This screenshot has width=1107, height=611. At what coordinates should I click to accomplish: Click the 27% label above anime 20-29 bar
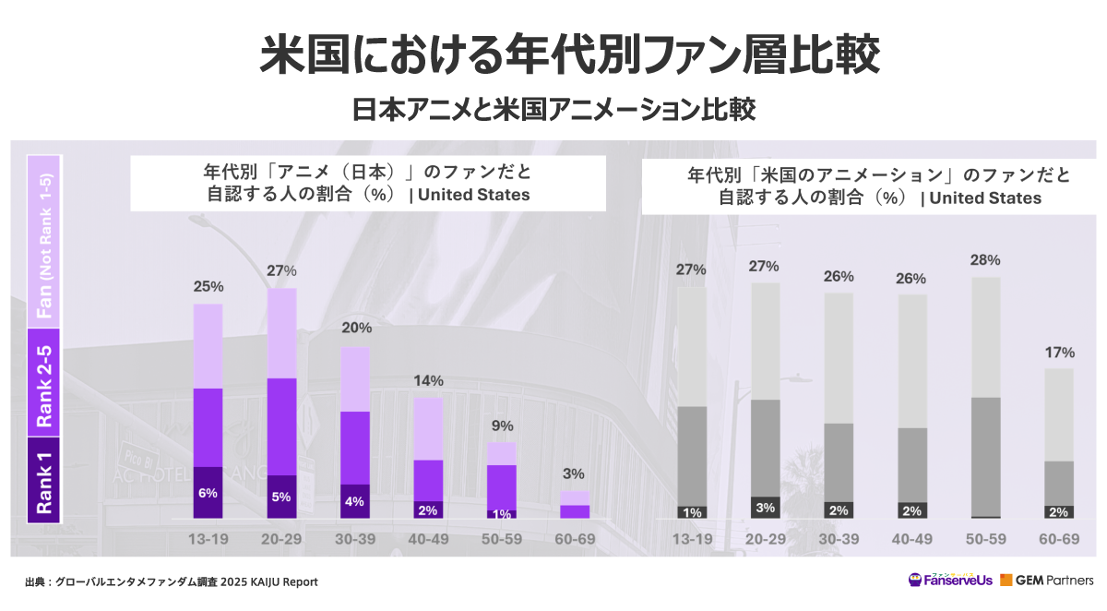tap(281, 270)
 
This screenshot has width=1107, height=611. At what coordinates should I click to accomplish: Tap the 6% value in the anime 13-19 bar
tap(208, 493)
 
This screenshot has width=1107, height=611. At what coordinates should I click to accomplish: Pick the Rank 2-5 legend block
tap(44, 386)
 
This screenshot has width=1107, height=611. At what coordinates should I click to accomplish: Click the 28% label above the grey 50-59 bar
tap(986, 260)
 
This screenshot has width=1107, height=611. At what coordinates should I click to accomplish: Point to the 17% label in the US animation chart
tap(1059, 352)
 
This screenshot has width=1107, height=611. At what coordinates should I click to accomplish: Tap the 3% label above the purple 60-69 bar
tap(574, 473)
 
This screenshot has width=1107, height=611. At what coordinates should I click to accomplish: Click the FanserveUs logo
tap(950, 581)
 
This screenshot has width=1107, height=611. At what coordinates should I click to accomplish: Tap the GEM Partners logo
tap(1046, 581)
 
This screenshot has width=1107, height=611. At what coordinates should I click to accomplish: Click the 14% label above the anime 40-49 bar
tap(428, 380)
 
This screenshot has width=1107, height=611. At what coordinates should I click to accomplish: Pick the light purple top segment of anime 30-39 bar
tap(354, 379)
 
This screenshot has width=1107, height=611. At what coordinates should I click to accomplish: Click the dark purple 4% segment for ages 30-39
tap(354, 501)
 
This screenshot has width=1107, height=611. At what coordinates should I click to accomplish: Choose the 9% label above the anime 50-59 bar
tap(501, 425)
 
